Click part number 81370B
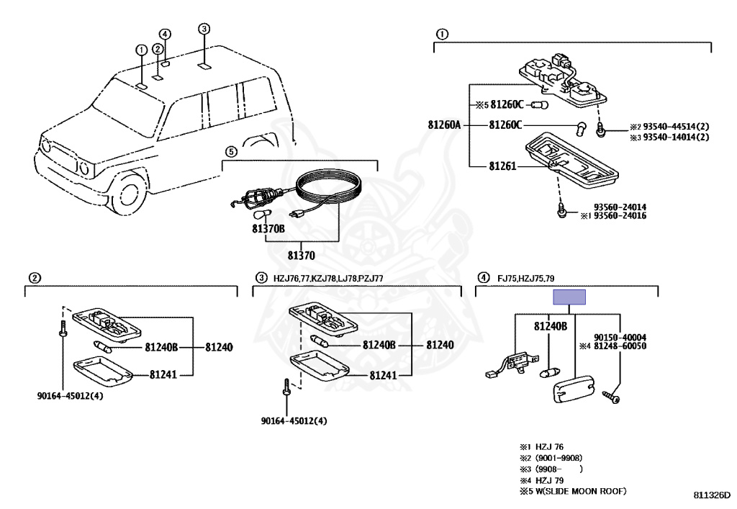[268, 229]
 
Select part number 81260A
[444, 125]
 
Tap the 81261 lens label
[502, 166]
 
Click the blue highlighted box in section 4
[569, 297]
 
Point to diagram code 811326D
[712, 495]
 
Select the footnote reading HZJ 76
[549, 447]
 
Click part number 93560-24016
[620, 216]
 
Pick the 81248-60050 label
[620, 346]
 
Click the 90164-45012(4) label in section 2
[70, 396]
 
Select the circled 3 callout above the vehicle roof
[204, 29]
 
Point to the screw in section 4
[611, 398]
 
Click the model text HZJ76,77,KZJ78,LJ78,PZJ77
[328, 278]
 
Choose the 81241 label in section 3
[383, 375]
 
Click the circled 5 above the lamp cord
[231, 152]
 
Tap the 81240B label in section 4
[551, 326]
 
